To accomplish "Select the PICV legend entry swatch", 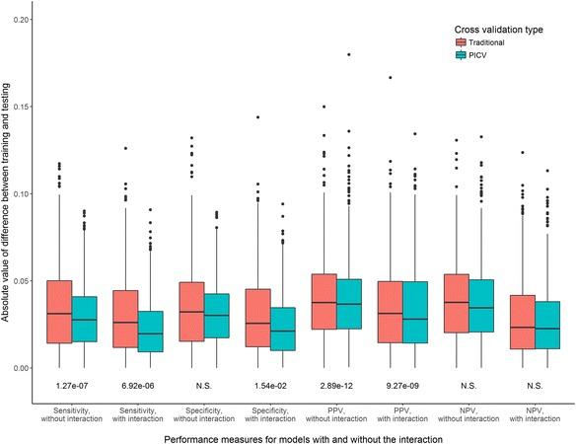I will (x=462, y=56).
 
